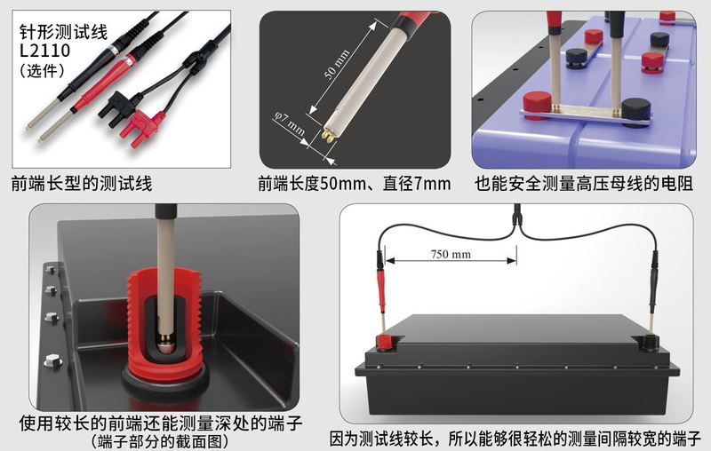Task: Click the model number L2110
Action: (45, 51)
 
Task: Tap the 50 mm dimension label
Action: (337, 64)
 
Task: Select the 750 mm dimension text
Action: (451, 254)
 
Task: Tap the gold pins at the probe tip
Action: (328, 134)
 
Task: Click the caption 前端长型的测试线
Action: (82, 184)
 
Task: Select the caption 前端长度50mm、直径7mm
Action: (354, 184)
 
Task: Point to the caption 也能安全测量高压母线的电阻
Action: (584, 184)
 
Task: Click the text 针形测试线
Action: (63, 32)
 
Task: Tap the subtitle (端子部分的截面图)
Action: (159, 440)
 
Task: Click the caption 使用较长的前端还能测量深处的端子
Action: (161, 423)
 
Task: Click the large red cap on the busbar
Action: (538, 106)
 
